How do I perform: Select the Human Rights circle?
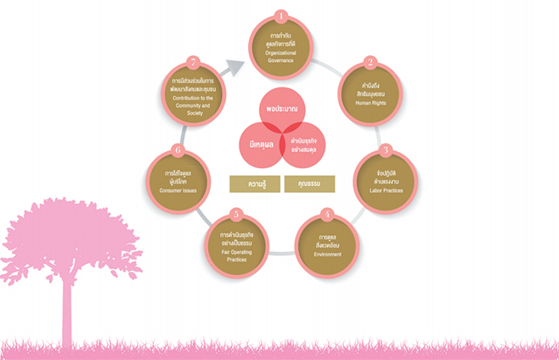click(x=370, y=96)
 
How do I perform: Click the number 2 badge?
click(x=370, y=63)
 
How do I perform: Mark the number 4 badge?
click(x=327, y=215)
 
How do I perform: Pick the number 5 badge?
click(x=237, y=215)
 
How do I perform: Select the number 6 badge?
click(x=178, y=151)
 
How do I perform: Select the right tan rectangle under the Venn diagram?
click(x=309, y=183)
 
